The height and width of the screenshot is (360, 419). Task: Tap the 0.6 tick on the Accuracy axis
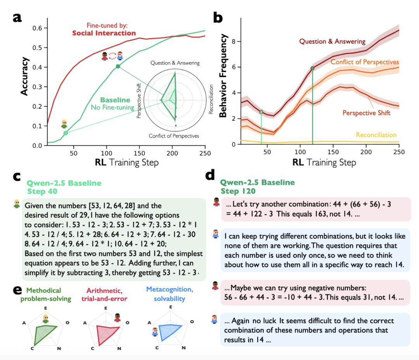click(x=38, y=28)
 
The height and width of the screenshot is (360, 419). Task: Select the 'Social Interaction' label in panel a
click(x=104, y=33)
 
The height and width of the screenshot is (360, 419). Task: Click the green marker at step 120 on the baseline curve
click(x=118, y=67)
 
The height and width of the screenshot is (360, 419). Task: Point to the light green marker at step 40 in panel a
click(x=66, y=133)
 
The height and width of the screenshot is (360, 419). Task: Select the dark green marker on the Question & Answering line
click(x=312, y=68)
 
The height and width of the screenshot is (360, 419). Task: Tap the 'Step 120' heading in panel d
click(x=235, y=191)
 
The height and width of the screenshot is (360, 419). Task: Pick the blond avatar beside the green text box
click(x=17, y=203)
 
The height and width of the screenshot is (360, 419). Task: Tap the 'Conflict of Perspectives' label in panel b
click(x=365, y=62)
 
